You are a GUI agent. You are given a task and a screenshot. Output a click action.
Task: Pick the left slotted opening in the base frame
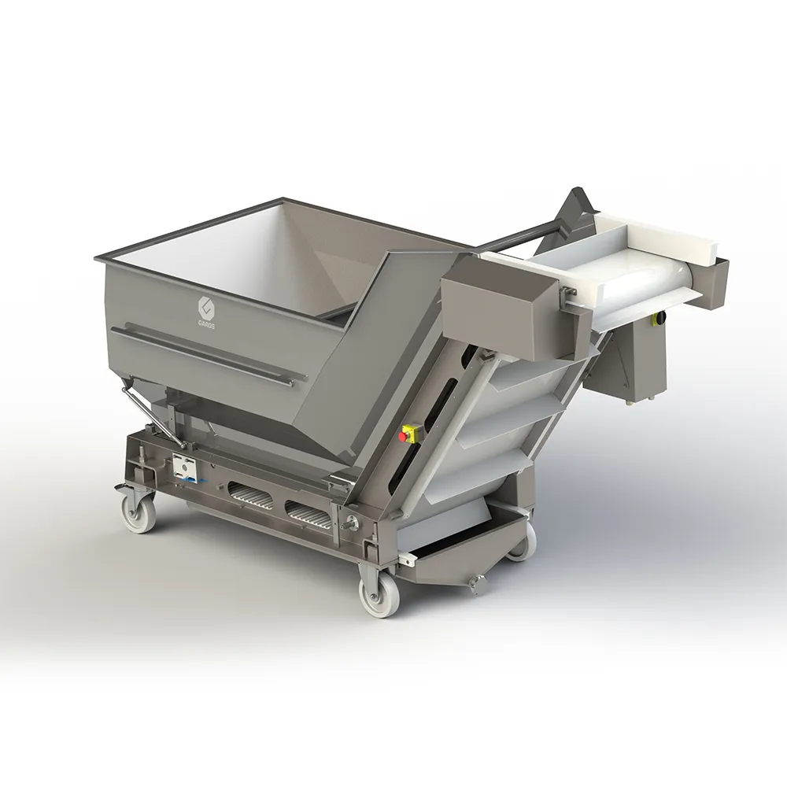point(249,497)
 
